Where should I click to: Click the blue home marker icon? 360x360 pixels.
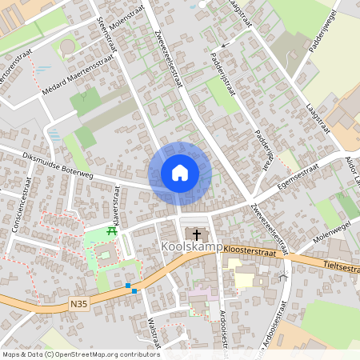pos(180,173)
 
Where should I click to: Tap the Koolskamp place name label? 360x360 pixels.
pos(192,247)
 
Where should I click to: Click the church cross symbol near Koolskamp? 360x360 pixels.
pos(197,234)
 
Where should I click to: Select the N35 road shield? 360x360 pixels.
pos(78,303)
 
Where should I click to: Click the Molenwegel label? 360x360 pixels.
pos(333,232)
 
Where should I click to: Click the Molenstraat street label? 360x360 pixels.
pos(126,14)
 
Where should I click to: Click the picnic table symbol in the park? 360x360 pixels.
pos(112,231)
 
